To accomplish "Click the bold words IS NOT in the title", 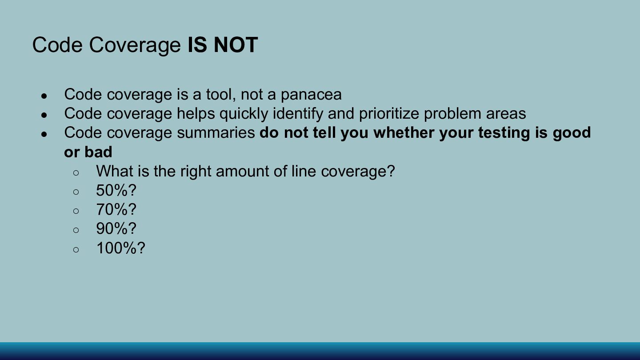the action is point(223,45).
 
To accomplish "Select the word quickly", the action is point(244,114).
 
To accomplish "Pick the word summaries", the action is point(216,133).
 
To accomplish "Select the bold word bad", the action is point(98,152).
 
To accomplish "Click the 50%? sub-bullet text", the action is point(116,190).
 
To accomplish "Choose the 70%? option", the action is point(116,209).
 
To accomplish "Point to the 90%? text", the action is point(116,228).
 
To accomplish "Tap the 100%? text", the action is point(121,248).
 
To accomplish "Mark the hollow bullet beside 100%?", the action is point(76,250).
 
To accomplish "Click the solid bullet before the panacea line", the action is point(44,96).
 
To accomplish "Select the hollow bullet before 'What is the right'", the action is point(76,173).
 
